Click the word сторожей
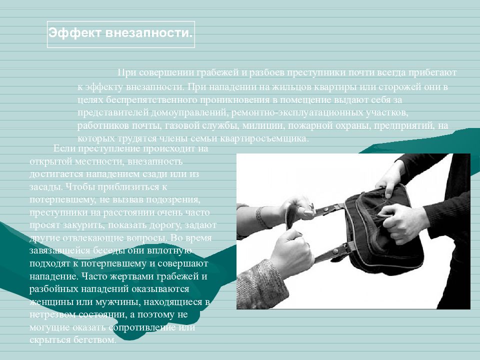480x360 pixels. (399, 87)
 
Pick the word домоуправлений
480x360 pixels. (189, 112)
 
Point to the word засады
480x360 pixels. (45, 186)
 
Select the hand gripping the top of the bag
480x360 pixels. (390, 178)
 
